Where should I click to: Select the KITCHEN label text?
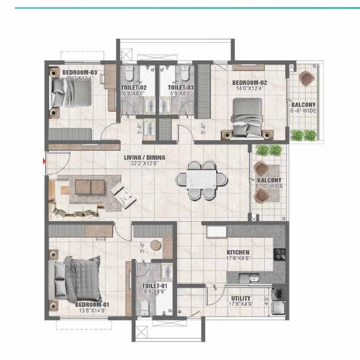(238, 253)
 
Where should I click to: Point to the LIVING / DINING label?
(145, 158)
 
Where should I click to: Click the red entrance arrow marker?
(44, 162)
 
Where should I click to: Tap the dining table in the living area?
(201, 180)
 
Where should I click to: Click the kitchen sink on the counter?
(253, 277)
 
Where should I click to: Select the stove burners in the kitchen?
(278, 254)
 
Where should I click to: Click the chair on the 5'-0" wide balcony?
(306, 79)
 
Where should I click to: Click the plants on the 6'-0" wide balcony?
(269, 150)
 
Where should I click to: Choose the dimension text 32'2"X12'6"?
(145, 163)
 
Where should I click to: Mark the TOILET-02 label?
(134, 88)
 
